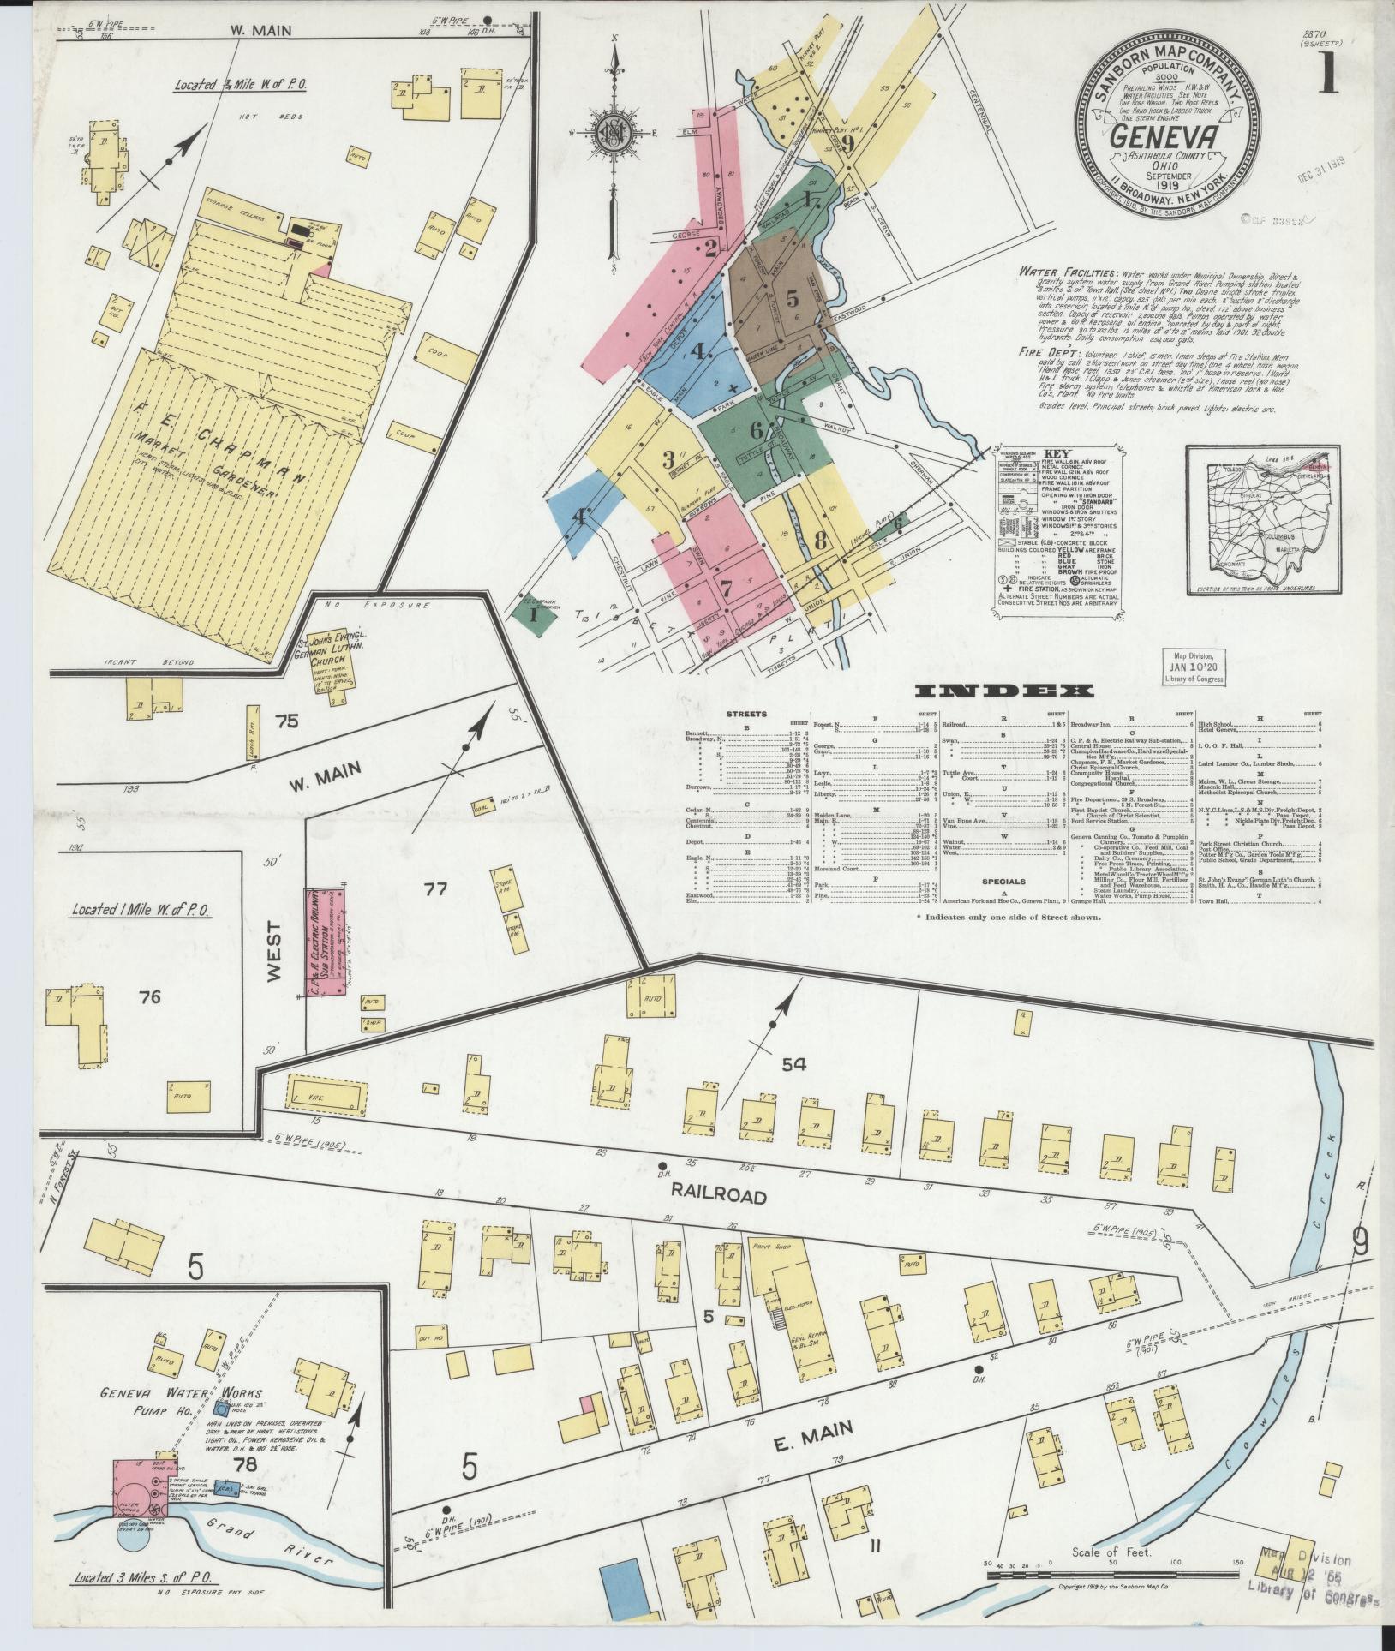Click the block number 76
click(x=150, y=996)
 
